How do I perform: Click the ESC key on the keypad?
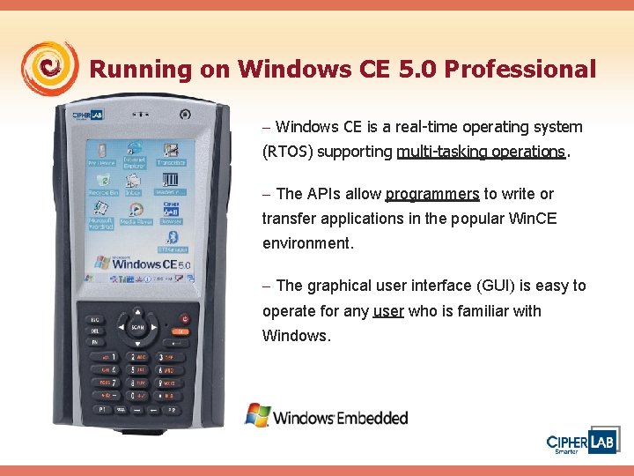94,319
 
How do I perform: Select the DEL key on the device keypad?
94,331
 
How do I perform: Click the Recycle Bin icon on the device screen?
98,182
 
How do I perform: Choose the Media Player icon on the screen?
136,212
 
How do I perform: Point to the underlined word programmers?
432,194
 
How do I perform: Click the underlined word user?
388,311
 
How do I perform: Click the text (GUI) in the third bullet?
491,286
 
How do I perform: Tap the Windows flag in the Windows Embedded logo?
257,413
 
